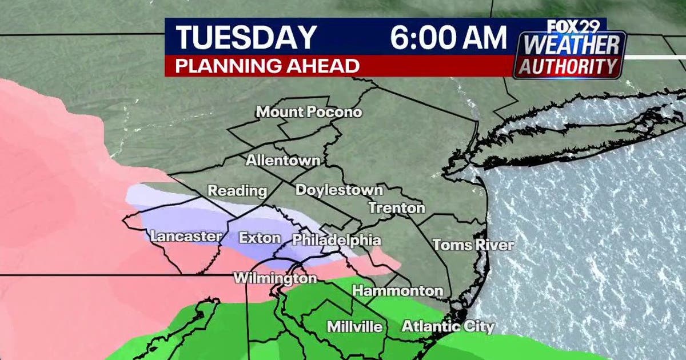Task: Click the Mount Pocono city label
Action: (309, 112)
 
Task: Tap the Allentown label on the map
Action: (282, 161)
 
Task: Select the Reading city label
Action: (237, 191)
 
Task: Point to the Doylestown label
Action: (339, 190)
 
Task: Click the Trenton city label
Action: (397, 208)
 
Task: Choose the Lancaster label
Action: (186, 236)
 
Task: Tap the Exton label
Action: (260, 238)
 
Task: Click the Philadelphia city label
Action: (336, 241)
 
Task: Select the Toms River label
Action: (473, 245)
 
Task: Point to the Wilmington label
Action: (274, 279)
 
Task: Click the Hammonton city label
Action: (397, 291)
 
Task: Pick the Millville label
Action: (354, 327)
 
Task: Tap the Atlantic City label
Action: (448, 327)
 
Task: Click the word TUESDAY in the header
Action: (246, 38)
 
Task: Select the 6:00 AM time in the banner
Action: (448, 38)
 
